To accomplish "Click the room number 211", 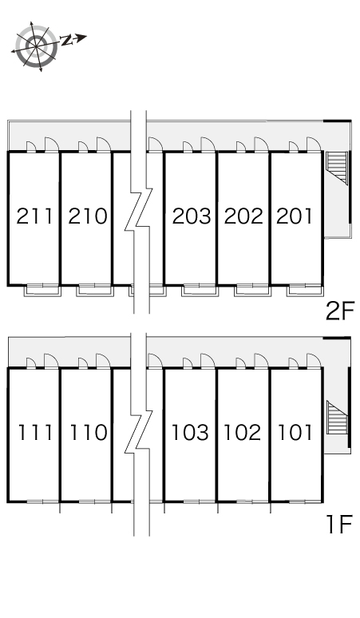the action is pyautogui.click(x=34, y=216).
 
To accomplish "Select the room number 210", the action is pyautogui.click(x=88, y=216).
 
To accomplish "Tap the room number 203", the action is pyautogui.click(x=192, y=216).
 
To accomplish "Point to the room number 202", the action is pyautogui.click(x=243, y=216).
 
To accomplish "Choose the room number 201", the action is pyautogui.click(x=295, y=216).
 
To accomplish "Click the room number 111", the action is pyautogui.click(x=35, y=433).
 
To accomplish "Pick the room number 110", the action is pyautogui.click(x=89, y=433).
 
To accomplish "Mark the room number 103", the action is pyautogui.click(x=190, y=433).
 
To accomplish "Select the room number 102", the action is pyautogui.click(x=242, y=433).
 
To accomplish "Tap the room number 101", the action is pyautogui.click(x=295, y=433).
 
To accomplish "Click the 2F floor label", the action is pyautogui.click(x=340, y=311).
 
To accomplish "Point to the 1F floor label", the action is pyautogui.click(x=339, y=525).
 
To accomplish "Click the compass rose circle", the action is pyautogui.click(x=36, y=46).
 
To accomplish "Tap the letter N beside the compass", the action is pyautogui.click(x=67, y=40).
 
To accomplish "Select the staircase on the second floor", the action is pyautogui.click(x=337, y=168).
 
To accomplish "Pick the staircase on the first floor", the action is pyautogui.click(x=337, y=418).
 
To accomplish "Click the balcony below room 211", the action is pyautogui.click(x=43, y=291).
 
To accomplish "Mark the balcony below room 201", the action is pyautogui.click(x=305, y=291).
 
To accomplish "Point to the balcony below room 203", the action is pyautogui.click(x=200, y=291).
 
